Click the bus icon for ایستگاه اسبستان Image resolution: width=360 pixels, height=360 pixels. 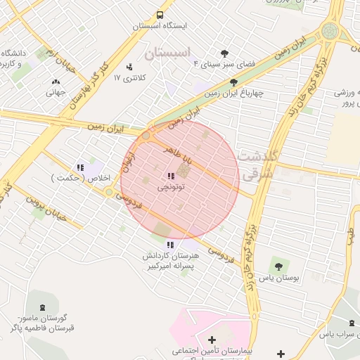click(x=160, y=15)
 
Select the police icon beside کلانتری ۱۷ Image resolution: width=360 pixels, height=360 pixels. click(x=129, y=67)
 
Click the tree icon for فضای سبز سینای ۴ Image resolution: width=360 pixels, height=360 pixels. click(x=224, y=53)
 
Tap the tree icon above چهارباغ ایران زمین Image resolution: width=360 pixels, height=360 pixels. click(x=233, y=82)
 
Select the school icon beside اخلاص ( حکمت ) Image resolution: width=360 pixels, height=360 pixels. click(x=80, y=167)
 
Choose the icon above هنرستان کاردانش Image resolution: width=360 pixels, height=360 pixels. click(x=170, y=245)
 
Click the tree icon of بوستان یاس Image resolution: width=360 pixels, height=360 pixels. click(x=278, y=266)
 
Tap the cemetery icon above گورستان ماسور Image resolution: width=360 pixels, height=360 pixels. click(x=44, y=307)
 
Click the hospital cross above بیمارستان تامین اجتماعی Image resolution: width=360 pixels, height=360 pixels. click(x=212, y=340)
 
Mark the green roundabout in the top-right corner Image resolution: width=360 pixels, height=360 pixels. click(x=329, y=30)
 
